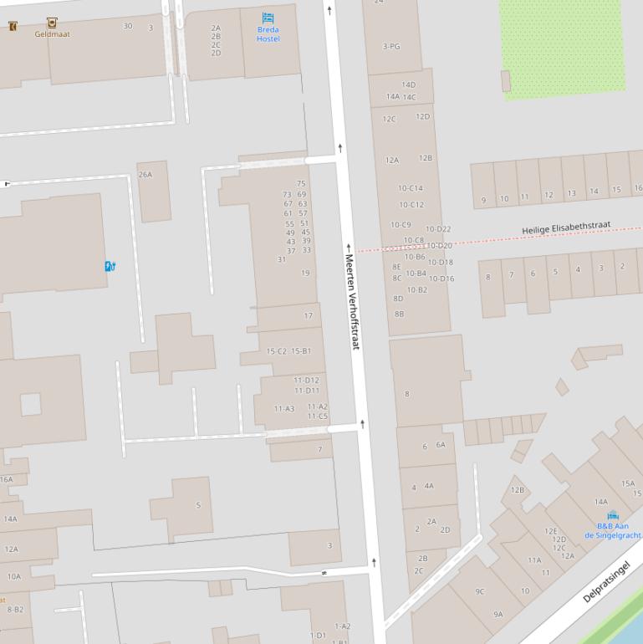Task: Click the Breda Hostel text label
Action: click(268, 34)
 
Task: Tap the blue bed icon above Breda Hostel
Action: click(268, 18)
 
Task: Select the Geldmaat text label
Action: click(52, 34)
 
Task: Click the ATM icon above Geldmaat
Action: click(52, 23)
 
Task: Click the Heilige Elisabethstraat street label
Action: click(566, 228)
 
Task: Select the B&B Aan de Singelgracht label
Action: click(613, 530)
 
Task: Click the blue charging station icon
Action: click(110, 266)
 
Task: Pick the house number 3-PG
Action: click(391, 47)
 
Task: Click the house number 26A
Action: click(145, 175)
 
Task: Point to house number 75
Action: click(301, 183)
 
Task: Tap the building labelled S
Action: click(198, 505)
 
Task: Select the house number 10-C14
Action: click(411, 188)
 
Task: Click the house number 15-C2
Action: click(276, 351)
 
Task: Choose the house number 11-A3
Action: click(284, 409)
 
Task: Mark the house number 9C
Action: click(480, 591)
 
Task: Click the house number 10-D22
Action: click(438, 229)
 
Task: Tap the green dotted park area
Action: click(562, 46)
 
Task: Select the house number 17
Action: click(308, 316)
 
